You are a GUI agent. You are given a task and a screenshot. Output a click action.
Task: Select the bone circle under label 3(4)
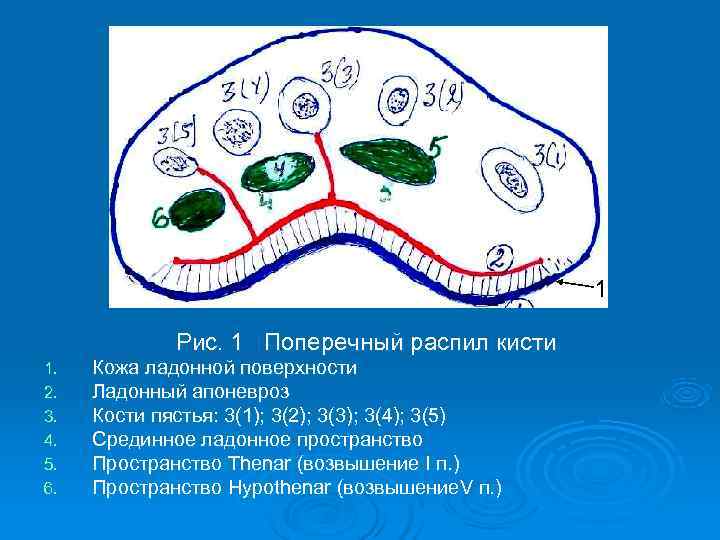click(x=240, y=130)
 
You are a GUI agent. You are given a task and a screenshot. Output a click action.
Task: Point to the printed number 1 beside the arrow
click(x=599, y=290)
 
